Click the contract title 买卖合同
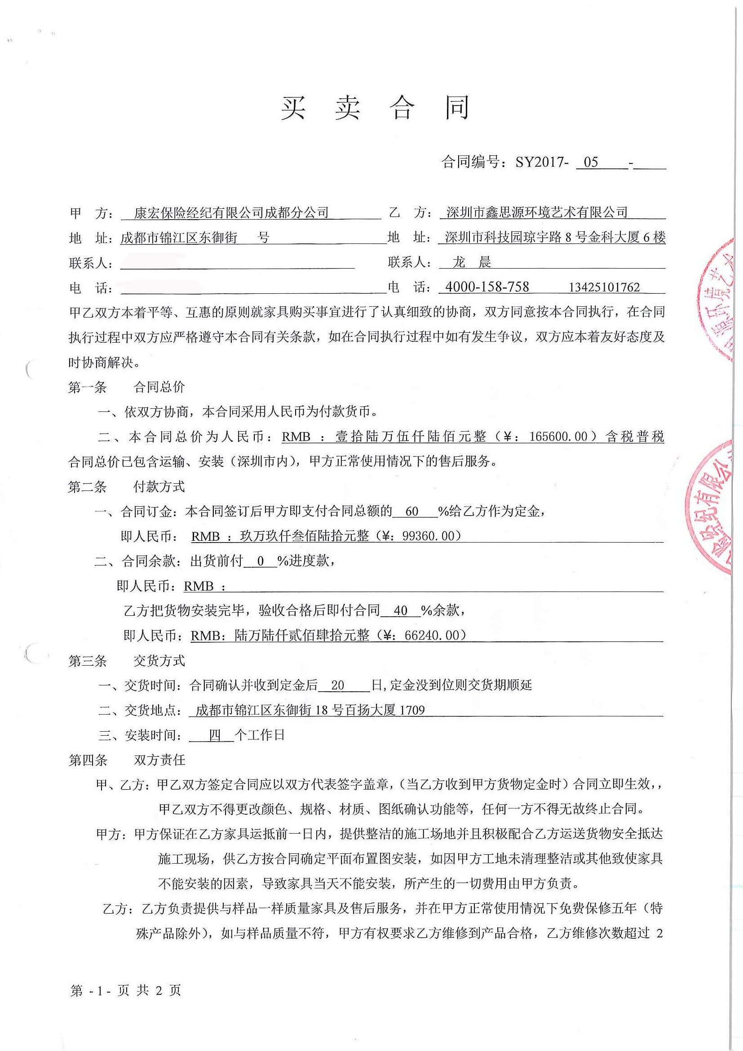coord(376,109)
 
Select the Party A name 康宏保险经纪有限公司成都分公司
coord(231,212)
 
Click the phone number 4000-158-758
coord(487,287)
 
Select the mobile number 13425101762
coord(604,287)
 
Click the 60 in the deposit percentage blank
coord(412,511)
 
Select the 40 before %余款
coord(401,611)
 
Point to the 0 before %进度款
coord(261,561)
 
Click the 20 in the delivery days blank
coord(337,685)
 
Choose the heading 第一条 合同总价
coord(126,387)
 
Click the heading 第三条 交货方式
coord(126,661)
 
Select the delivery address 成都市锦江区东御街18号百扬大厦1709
coord(310,710)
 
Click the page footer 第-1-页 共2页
coord(126,990)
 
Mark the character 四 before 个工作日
coord(215,735)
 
